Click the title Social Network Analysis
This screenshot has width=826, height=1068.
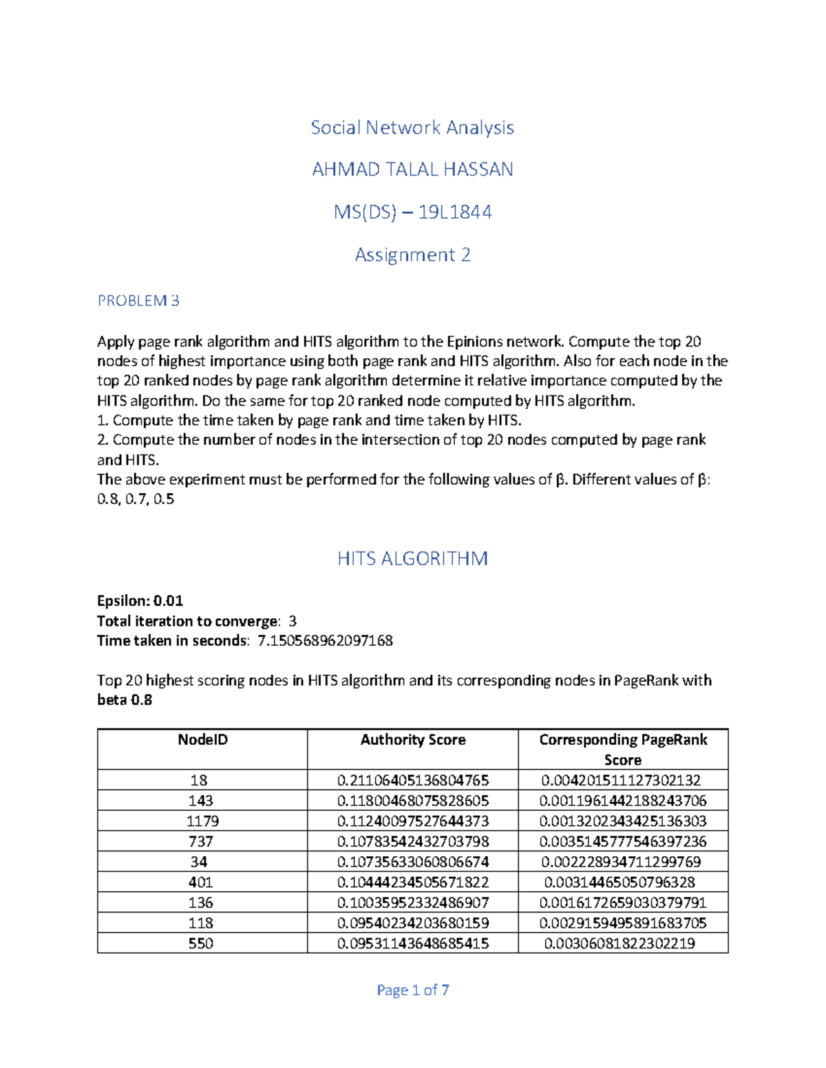click(412, 127)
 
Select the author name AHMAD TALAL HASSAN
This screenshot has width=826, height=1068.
click(412, 169)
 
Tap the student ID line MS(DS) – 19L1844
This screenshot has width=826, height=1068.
click(412, 212)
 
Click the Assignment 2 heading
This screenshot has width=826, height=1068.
click(412, 254)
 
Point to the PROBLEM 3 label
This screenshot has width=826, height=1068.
click(138, 301)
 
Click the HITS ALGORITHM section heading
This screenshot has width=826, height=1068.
click(412, 558)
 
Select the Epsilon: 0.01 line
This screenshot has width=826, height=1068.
click(140, 600)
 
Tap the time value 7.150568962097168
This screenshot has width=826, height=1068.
click(325, 640)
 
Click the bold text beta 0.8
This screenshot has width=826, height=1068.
click(125, 700)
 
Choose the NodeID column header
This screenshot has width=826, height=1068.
click(202, 740)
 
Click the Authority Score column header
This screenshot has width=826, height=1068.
click(412, 740)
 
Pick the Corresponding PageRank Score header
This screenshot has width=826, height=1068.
click(623, 749)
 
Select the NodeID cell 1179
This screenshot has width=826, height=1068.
click(202, 820)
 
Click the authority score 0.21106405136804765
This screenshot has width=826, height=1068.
click(412, 780)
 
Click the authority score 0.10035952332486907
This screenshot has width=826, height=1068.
click(412, 902)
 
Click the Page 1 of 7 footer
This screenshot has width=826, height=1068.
click(412, 990)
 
